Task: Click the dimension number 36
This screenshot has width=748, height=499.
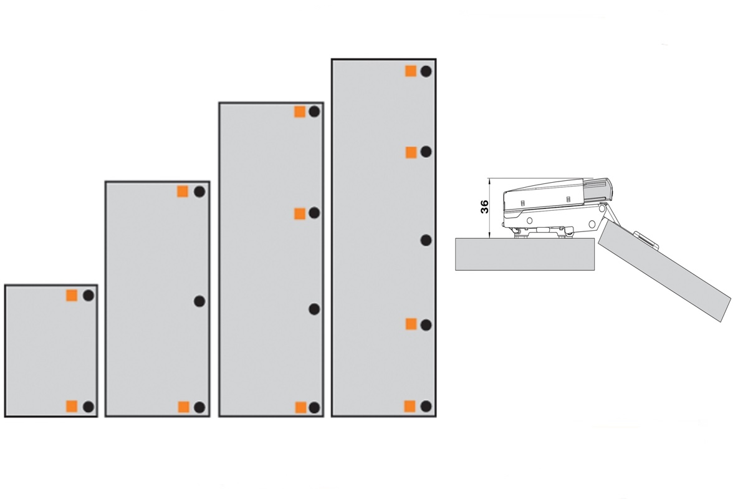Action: pyautogui.click(x=484, y=206)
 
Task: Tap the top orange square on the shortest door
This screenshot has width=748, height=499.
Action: pyautogui.click(x=72, y=296)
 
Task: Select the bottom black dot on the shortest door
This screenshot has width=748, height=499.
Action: pyautogui.click(x=88, y=407)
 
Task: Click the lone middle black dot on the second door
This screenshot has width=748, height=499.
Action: pyautogui.click(x=199, y=301)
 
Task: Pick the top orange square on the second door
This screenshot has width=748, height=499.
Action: pyautogui.click(x=183, y=191)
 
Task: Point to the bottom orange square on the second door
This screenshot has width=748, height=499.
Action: pyautogui.click(x=184, y=407)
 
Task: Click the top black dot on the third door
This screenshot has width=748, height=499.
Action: pyautogui.click(x=314, y=111)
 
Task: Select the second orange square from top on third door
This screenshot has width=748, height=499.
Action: pyautogui.click(x=300, y=213)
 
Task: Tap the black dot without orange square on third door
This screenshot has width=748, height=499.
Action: pyautogui.click(x=314, y=309)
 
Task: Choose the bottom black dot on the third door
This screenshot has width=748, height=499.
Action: pyautogui.click(x=314, y=407)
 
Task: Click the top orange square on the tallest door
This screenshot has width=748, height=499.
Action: pyautogui.click(x=411, y=71)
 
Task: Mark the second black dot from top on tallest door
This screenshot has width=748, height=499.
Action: pyautogui.click(x=426, y=152)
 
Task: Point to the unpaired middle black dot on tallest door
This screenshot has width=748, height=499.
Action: pyautogui.click(x=426, y=240)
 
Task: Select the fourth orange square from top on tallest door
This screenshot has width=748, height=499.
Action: pyautogui.click(x=410, y=406)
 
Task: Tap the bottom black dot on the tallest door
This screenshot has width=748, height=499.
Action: pyautogui.click(x=426, y=406)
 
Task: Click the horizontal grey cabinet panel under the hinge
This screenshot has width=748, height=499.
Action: pyautogui.click(x=525, y=254)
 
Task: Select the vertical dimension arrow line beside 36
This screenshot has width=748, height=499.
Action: pyautogui.click(x=490, y=208)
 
